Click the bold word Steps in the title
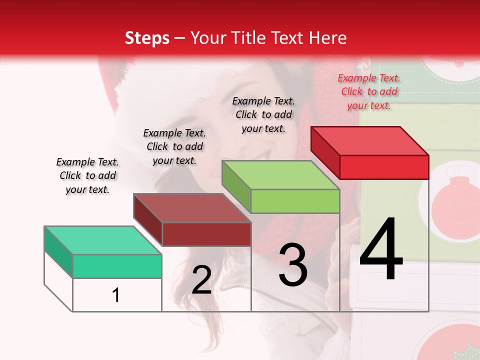(x=147, y=38)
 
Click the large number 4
(x=381, y=249)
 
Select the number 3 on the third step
(x=293, y=265)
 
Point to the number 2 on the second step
(x=201, y=280)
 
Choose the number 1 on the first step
(x=115, y=295)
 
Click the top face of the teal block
(x=102, y=240)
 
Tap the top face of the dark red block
(x=192, y=208)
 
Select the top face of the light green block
(x=280, y=175)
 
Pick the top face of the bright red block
(x=369, y=141)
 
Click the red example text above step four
(x=369, y=91)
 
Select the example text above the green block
(x=263, y=114)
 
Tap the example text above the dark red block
(x=174, y=146)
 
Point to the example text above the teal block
(x=87, y=175)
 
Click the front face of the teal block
(x=117, y=266)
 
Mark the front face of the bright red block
(x=384, y=167)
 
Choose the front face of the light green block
(x=295, y=201)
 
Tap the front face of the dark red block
(x=206, y=234)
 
